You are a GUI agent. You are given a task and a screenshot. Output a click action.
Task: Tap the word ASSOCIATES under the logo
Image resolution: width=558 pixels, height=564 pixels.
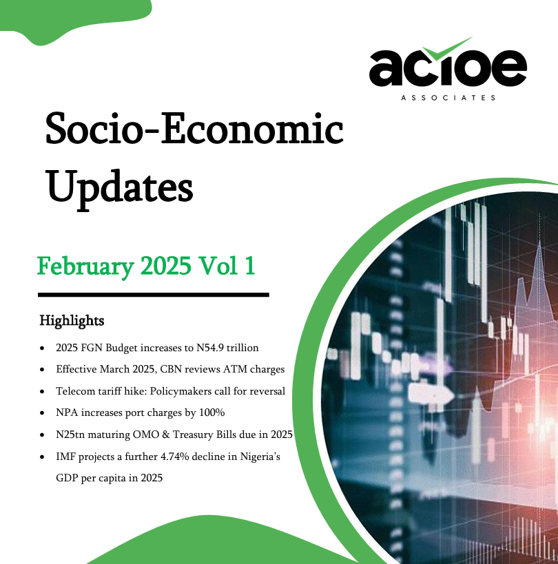click(448, 98)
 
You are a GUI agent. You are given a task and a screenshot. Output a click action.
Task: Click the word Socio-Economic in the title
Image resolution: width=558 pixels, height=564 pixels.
click(194, 128)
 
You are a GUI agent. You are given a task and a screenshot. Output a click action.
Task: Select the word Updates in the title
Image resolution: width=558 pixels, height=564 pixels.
click(120, 188)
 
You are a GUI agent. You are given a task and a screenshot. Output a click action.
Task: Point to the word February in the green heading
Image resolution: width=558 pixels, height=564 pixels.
click(85, 267)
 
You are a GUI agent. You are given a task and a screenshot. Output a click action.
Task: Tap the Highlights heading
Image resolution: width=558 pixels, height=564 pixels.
click(72, 320)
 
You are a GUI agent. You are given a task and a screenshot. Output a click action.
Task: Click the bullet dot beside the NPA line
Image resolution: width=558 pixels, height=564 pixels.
click(43, 413)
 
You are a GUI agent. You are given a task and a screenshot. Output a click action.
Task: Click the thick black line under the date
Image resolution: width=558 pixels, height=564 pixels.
click(154, 295)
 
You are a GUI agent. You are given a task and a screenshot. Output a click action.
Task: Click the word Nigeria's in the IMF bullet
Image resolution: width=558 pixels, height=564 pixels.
click(260, 457)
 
